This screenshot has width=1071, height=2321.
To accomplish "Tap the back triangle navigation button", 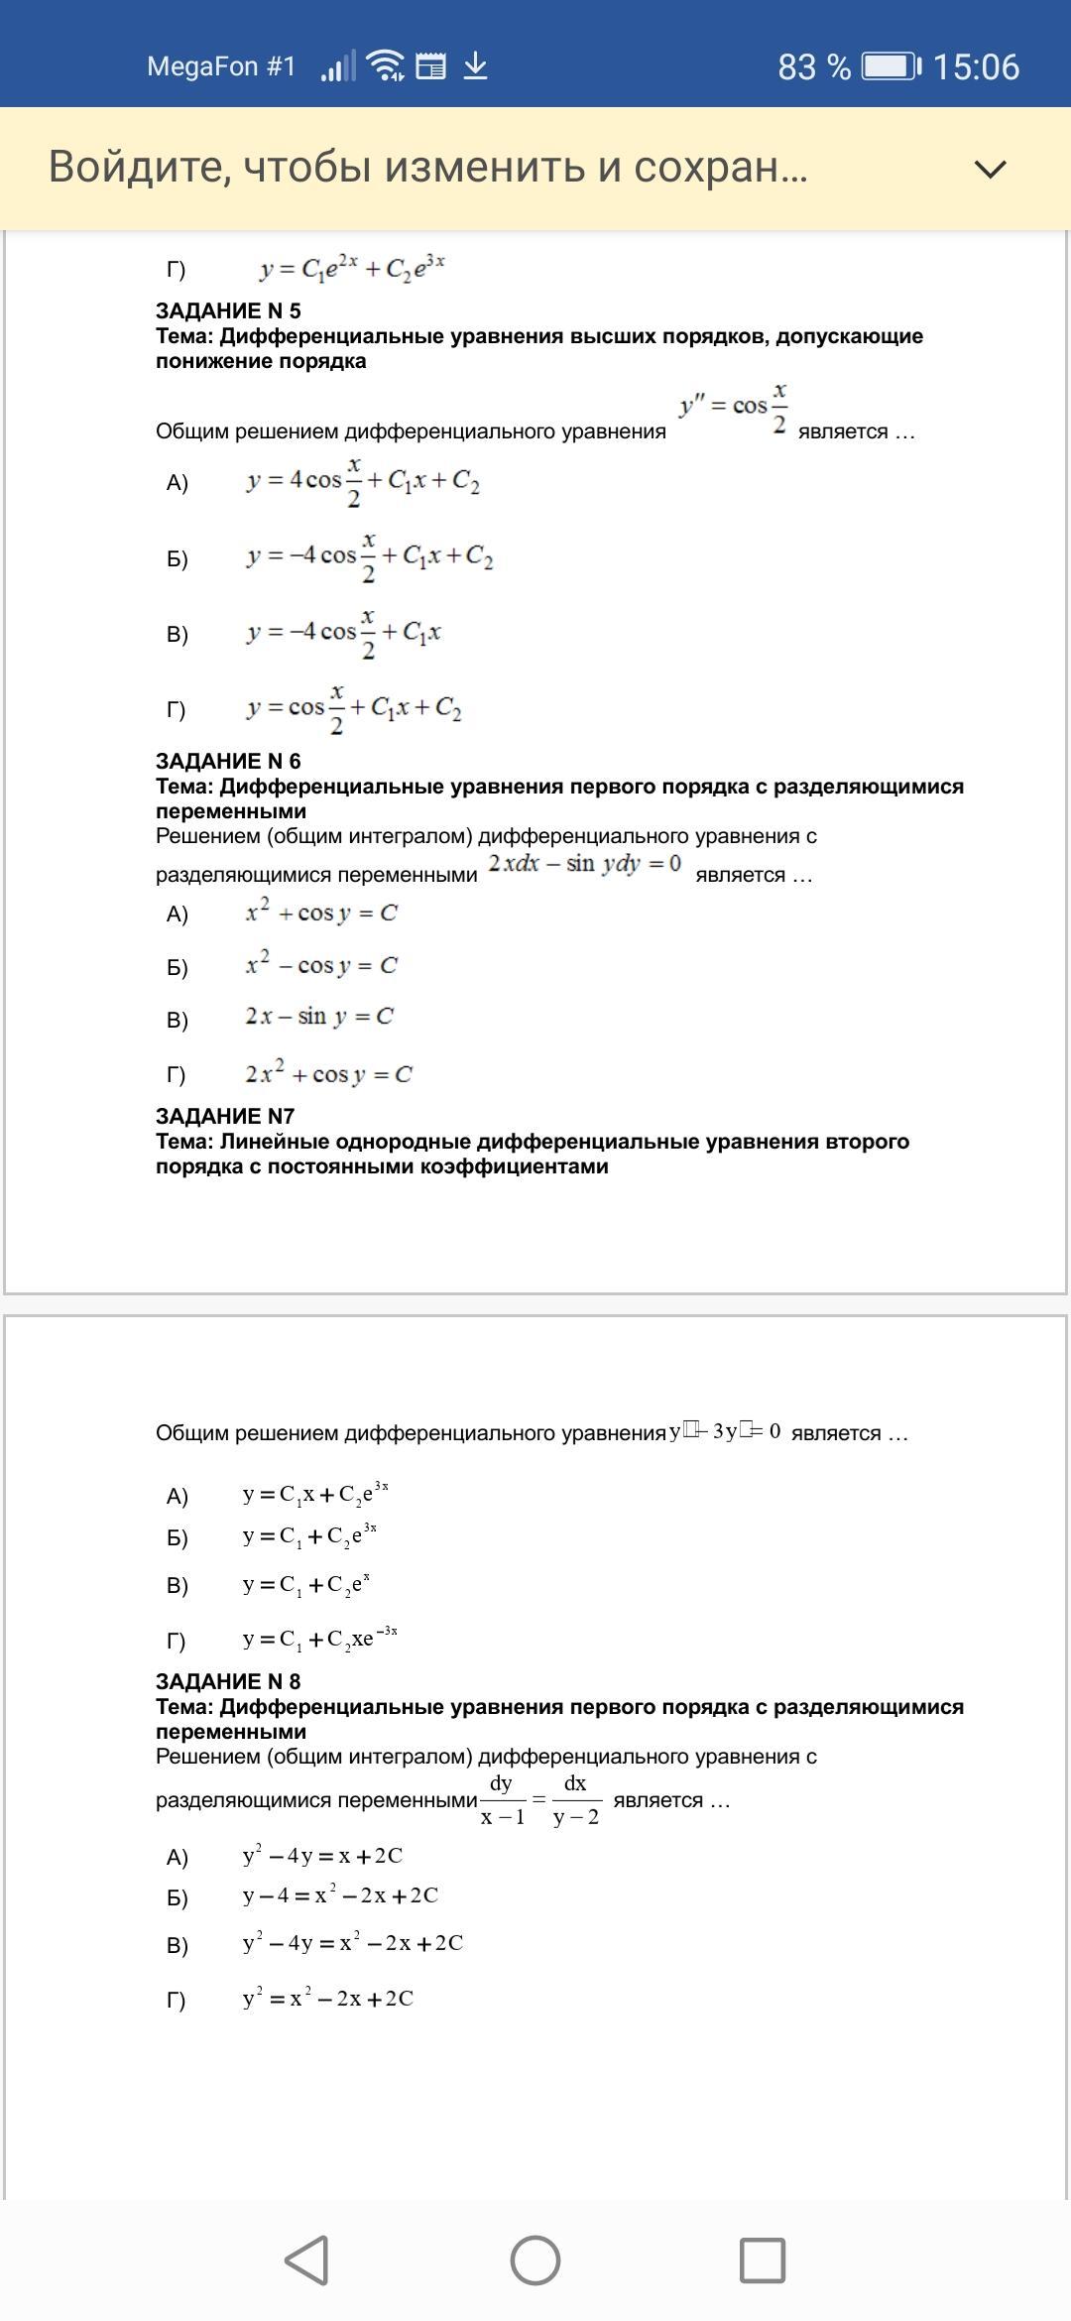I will [x=307, y=2260].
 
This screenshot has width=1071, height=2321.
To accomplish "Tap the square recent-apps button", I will [x=763, y=2260].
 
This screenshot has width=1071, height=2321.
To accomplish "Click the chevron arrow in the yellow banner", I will [x=990, y=169].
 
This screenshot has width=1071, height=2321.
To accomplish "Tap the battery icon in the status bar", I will [x=890, y=66].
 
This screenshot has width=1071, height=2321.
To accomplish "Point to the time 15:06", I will [x=976, y=66].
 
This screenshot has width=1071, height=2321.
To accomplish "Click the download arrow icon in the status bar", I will [x=476, y=66].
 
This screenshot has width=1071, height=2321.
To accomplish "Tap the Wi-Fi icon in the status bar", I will [x=385, y=66].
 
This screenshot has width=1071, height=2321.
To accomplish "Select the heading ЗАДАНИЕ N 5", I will [x=228, y=310].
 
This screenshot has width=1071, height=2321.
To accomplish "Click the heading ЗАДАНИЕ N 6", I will [x=228, y=761].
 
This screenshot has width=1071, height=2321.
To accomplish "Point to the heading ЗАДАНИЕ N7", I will [x=225, y=1116].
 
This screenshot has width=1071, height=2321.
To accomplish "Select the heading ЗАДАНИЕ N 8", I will [x=228, y=1681].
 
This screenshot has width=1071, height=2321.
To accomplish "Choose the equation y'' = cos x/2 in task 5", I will [x=734, y=407].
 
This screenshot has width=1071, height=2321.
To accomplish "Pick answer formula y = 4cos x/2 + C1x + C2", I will [x=363, y=482].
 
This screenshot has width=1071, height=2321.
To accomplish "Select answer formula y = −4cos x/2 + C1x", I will [x=344, y=633].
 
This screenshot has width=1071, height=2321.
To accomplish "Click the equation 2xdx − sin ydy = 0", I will [x=585, y=864].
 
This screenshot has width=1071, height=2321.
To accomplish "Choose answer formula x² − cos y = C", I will [x=321, y=965].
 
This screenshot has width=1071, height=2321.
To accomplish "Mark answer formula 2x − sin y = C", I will [x=319, y=1017].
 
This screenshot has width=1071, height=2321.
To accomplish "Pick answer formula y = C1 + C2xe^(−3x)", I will [x=319, y=1638].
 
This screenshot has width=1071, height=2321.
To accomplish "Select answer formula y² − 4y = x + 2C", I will [x=322, y=1856].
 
